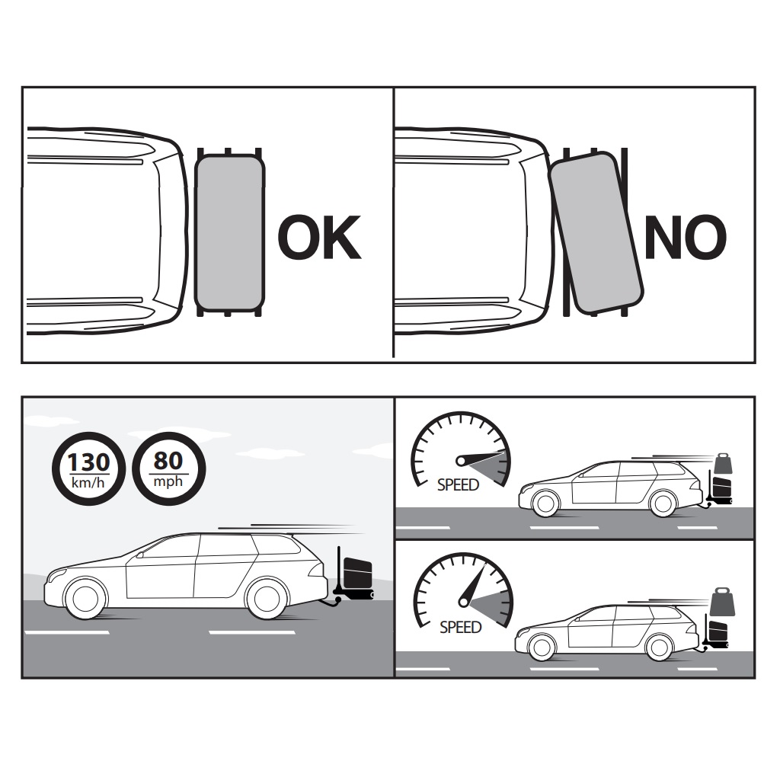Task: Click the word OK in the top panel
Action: coord(319,238)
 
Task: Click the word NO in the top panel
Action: coord(686,238)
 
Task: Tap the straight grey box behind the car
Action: coord(229,232)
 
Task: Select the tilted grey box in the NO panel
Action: coord(596,233)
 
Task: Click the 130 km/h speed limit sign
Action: coord(88,468)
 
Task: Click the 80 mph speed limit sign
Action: coord(168,468)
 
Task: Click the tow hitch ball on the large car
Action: coord(337,602)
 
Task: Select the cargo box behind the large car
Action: coord(357,574)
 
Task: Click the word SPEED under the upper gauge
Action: coord(458,485)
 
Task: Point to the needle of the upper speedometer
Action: coord(480,458)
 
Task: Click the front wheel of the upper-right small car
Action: coord(545,503)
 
